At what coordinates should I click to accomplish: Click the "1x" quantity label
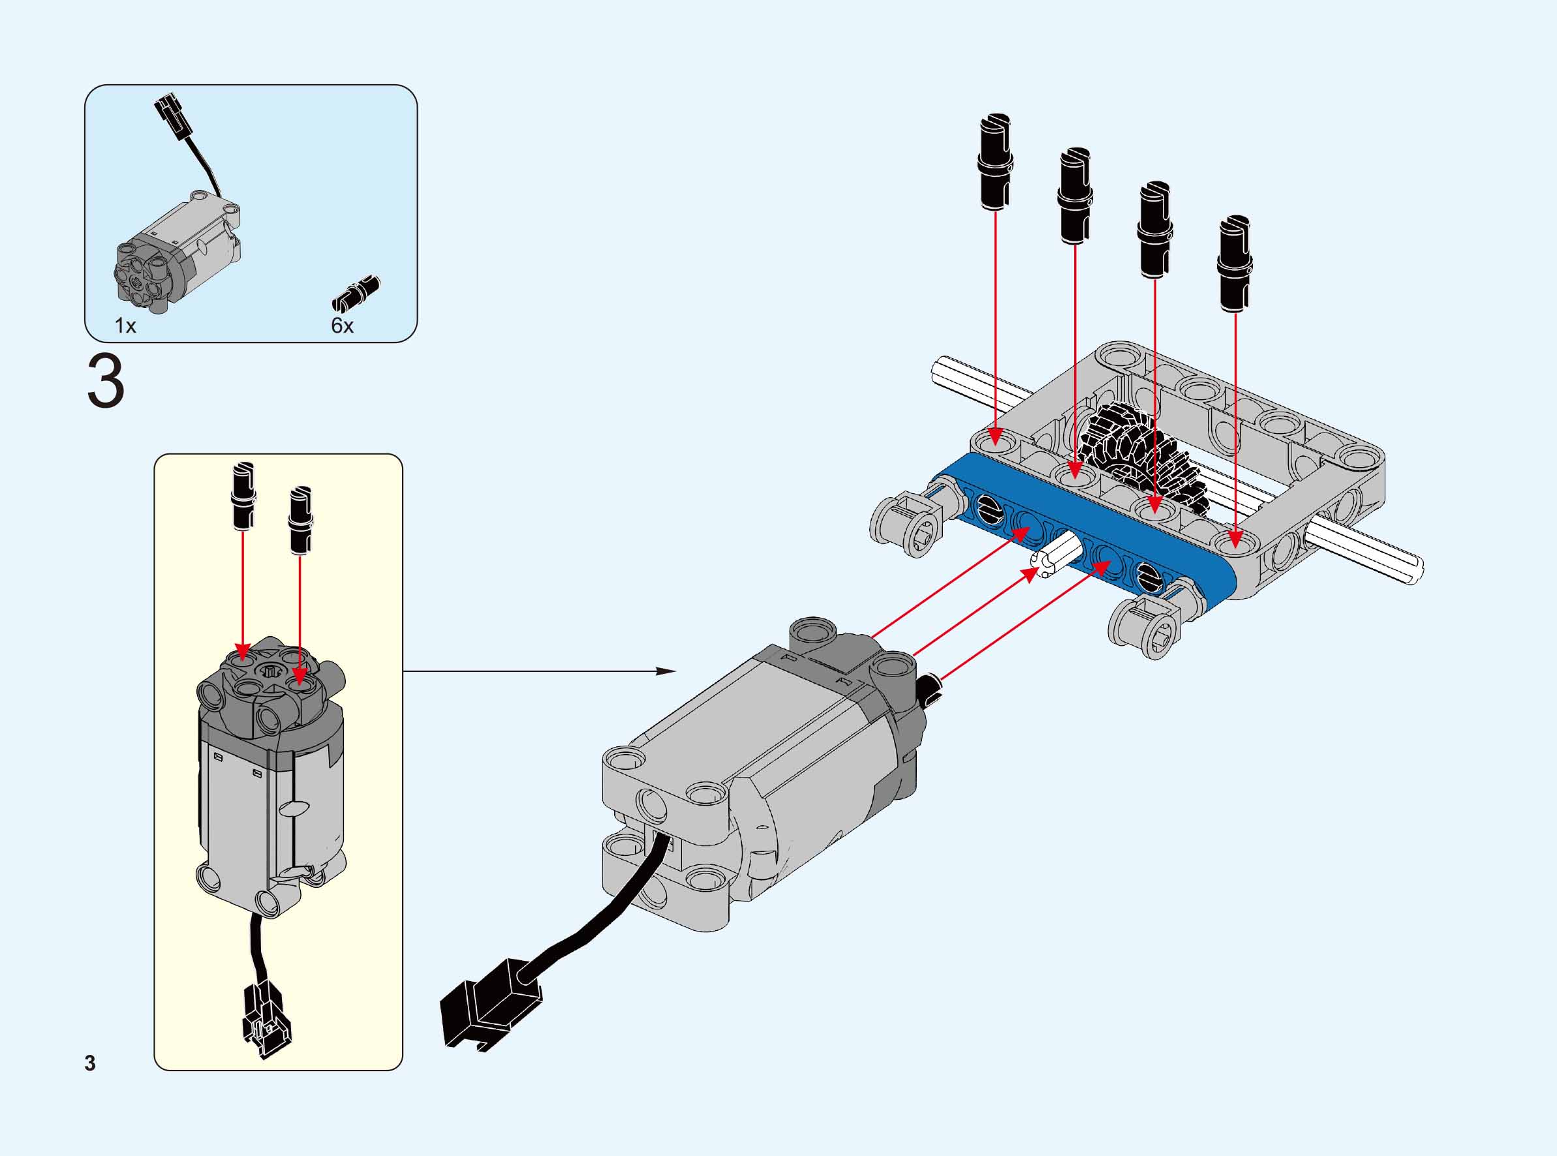125,326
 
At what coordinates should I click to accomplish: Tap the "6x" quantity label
342,326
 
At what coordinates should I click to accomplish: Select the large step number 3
106,382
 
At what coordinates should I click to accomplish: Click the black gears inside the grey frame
1133,455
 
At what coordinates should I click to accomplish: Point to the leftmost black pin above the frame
995,161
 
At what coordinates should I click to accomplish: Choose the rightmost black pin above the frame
1235,263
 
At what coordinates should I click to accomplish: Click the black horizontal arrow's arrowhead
665,672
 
